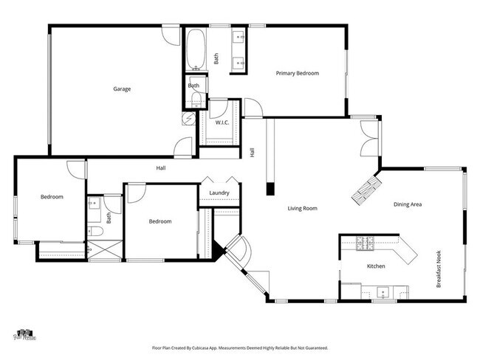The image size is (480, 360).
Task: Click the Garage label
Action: (122, 89)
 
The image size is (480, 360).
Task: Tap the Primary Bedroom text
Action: (298, 73)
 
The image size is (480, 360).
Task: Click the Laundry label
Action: (219, 193)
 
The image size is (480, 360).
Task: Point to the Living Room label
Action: (302, 209)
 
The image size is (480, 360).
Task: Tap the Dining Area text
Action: (407, 204)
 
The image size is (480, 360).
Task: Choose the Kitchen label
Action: (376, 266)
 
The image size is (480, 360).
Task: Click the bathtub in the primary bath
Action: (196, 49)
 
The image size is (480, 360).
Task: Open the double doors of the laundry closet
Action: (219, 181)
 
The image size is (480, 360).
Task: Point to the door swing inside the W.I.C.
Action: (219, 109)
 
